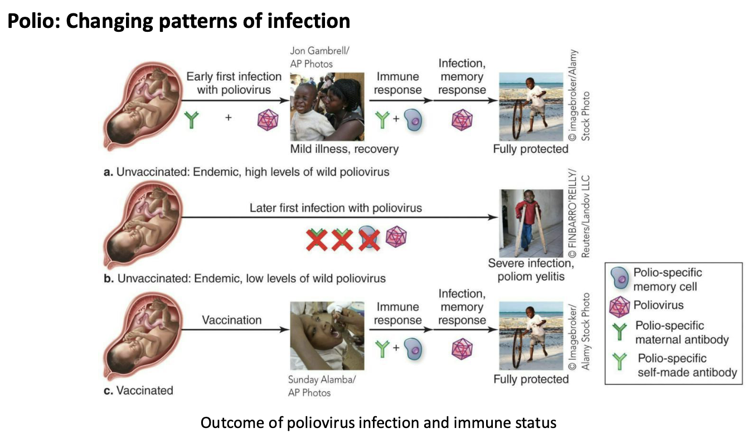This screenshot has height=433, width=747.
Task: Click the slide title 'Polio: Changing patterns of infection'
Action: coord(178,21)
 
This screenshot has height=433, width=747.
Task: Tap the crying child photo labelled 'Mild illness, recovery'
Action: coord(327,107)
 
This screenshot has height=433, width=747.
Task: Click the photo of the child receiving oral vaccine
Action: coord(327,335)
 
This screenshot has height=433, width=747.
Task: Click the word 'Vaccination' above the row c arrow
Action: coord(231,320)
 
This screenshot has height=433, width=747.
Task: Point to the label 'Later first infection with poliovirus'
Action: coord(336,208)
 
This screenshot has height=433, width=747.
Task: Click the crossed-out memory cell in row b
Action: coord(368,239)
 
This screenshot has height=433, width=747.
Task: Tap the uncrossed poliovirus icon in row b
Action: coord(396,237)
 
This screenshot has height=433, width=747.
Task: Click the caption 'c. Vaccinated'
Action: coord(138,390)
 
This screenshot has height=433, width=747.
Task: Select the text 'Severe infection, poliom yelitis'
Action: coord(530,269)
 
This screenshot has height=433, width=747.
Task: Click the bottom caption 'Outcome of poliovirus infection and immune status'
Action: coord(378,422)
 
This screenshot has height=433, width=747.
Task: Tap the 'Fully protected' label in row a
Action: coord(531,149)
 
